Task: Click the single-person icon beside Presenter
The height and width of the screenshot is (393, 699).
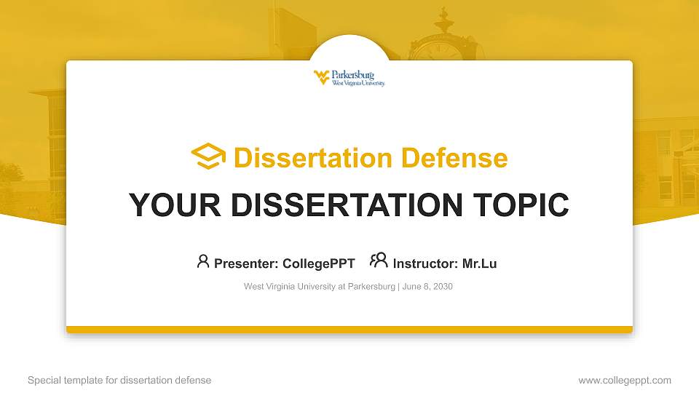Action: [x=203, y=261]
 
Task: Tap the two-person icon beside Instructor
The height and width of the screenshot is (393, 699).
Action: [x=379, y=261]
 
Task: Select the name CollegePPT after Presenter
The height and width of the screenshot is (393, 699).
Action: [x=318, y=263]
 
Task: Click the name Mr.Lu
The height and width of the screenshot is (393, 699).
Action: [x=479, y=263]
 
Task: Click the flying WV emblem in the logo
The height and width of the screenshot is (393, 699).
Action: [x=321, y=77]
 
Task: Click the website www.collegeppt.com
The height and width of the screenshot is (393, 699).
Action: [x=624, y=380]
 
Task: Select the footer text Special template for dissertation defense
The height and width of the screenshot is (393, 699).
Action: [x=119, y=380]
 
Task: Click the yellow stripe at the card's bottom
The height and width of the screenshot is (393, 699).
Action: [x=349, y=330]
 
